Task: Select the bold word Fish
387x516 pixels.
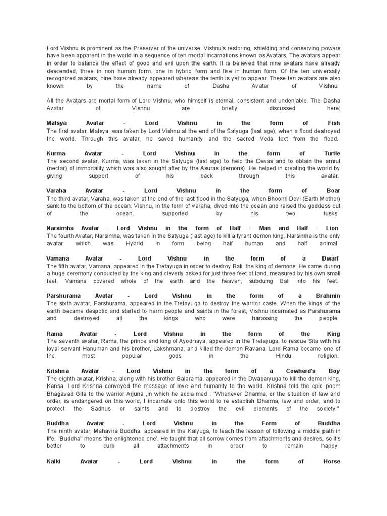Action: pyautogui.click(x=334, y=123)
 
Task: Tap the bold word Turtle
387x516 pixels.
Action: pyautogui.click(x=331, y=153)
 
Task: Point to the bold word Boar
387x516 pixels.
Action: pyautogui.click(x=333, y=191)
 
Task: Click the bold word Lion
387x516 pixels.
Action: pyautogui.click(x=332, y=228)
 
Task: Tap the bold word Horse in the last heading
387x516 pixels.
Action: pyautogui.click(x=331, y=461)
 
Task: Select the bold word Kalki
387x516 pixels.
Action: pyautogui.click(x=55, y=461)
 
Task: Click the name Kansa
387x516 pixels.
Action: pyautogui.click(x=55, y=386)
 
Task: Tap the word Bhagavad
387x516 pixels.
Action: pyautogui.click(x=61, y=394)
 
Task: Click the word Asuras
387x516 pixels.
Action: pyautogui.click(x=239, y=168)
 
